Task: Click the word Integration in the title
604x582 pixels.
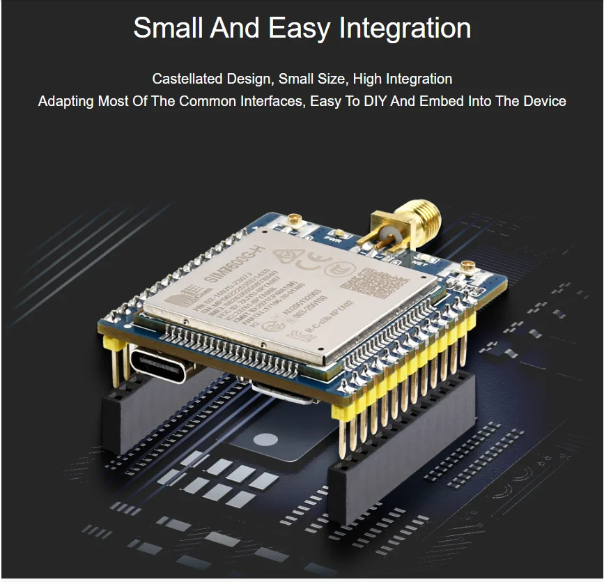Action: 405,29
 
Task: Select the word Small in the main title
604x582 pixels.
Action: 169,29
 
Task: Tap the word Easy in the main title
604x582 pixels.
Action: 300,29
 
